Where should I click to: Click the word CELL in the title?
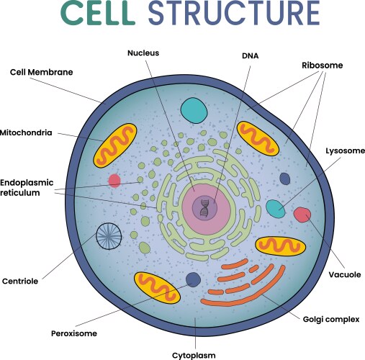tap(99, 15)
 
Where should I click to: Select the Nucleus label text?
tap(143, 53)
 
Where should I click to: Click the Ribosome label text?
tap(322, 65)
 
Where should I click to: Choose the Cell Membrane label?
tap(41, 72)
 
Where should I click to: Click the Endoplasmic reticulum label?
tap(27, 187)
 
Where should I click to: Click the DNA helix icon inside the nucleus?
tap(205, 209)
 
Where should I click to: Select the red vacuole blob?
tap(302, 215)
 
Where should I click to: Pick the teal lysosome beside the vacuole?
tap(275, 209)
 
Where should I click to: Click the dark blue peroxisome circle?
tap(193, 280)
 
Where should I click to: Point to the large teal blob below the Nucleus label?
tap(193, 109)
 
